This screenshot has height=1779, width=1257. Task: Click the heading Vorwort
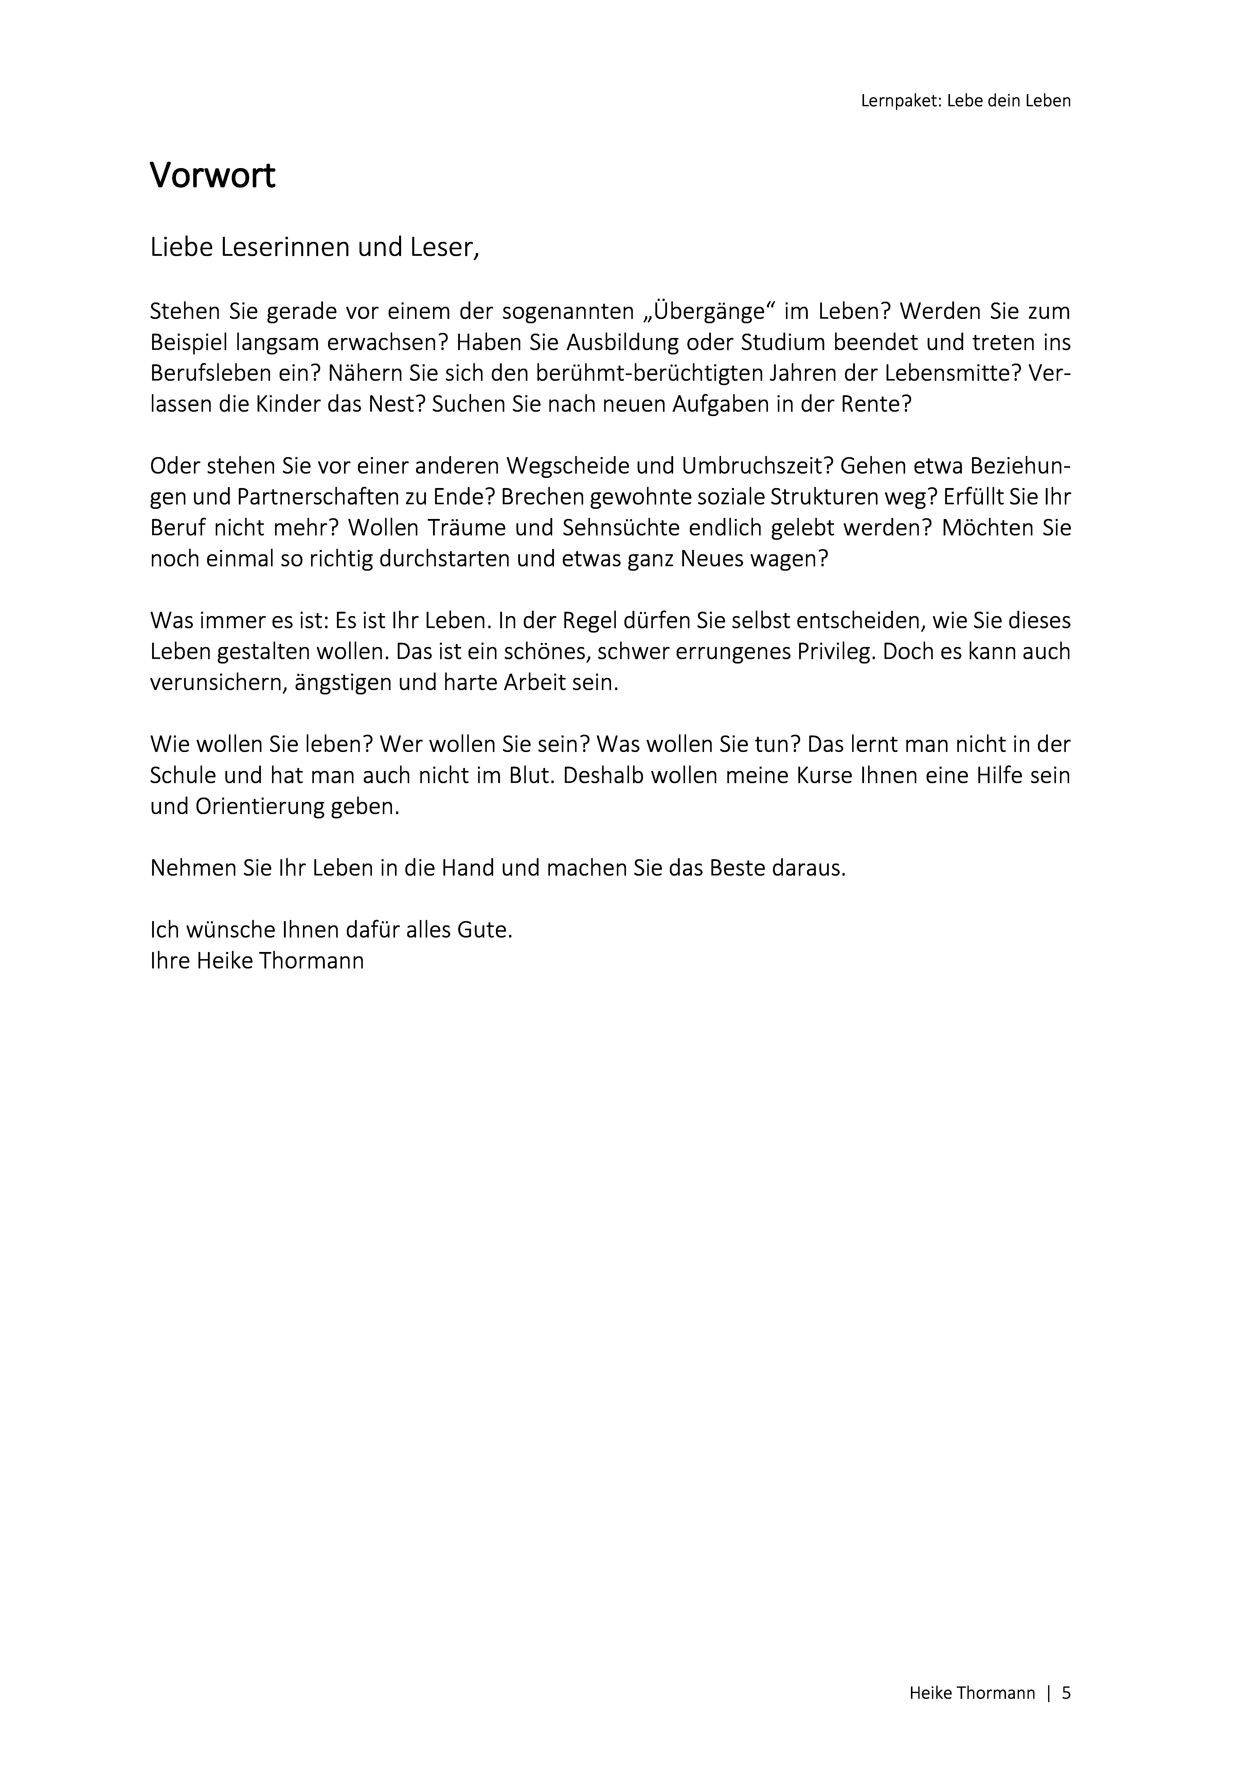pyautogui.click(x=212, y=177)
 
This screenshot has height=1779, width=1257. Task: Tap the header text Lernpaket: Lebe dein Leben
pyautogui.click(x=966, y=101)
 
